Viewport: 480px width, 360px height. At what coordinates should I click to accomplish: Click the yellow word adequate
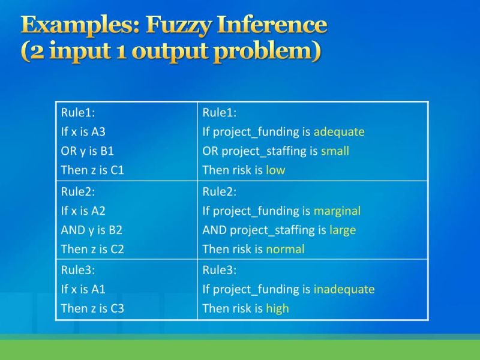tap(339, 132)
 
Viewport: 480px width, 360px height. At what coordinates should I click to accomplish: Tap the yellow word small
tap(335, 151)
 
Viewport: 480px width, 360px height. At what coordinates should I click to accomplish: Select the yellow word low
tap(275, 170)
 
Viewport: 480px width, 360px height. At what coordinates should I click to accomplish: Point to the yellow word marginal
tap(337, 211)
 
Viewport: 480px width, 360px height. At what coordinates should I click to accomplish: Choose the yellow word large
tap(343, 230)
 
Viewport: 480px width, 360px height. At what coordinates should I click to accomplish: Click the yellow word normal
tap(285, 250)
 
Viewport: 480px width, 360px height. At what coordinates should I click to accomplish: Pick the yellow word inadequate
tap(344, 289)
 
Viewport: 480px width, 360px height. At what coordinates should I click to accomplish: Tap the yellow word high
tap(277, 308)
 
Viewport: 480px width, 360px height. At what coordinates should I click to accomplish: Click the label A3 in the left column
tap(98, 132)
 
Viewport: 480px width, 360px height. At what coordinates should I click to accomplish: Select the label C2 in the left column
tap(116, 250)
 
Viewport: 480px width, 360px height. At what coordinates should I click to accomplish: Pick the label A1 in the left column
tap(98, 289)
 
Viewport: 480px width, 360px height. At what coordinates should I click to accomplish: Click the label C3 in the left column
tap(116, 308)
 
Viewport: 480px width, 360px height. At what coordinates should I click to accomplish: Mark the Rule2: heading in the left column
tap(78, 192)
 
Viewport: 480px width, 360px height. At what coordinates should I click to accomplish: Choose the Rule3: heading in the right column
tap(220, 270)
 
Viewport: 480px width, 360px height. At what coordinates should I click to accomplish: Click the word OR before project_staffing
tap(211, 151)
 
